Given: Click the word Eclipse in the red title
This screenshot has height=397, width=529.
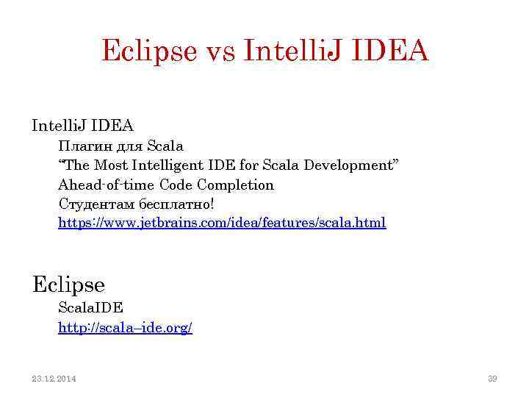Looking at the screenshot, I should (x=149, y=51).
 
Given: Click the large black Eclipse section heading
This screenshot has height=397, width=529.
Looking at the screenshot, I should (x=68, y=284).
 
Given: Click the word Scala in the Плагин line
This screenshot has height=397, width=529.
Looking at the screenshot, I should (x=165, y=146).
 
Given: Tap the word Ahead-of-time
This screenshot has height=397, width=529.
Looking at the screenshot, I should (x=107, y=185).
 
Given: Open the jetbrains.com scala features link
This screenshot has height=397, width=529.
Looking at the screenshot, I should (x=222, y=222).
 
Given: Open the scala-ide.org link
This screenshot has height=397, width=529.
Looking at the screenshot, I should (x=125, y=328).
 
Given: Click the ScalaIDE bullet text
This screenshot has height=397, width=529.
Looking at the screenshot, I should (x=90, y=308).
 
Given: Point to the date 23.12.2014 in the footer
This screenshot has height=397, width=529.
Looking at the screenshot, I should (x=54, y=379).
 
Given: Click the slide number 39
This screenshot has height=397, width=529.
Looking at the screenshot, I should (x=492, y=379).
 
